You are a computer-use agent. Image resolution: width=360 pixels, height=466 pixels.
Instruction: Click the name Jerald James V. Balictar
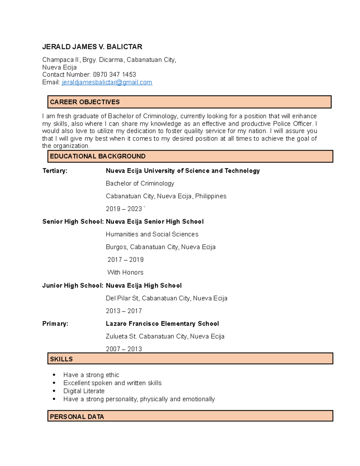click(92, 47)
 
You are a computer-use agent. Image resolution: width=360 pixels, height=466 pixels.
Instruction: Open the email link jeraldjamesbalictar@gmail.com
click(107, 82)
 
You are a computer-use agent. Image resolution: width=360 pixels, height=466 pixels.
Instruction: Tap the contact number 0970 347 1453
click(114, 74)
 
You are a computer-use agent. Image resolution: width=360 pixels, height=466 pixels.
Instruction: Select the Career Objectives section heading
click(85, 102)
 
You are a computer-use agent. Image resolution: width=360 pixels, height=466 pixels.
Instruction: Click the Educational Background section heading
click(97, 156)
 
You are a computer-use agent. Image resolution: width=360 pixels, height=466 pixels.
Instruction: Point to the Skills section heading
click(61, 359)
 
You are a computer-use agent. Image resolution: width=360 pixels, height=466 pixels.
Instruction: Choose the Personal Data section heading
click(77, 417)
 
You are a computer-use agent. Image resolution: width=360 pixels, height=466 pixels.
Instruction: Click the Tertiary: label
click(55, 171)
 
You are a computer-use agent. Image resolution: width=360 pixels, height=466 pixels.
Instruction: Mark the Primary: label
click(55, 324)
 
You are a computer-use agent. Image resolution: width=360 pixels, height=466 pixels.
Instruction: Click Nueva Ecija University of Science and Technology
click(183, 171)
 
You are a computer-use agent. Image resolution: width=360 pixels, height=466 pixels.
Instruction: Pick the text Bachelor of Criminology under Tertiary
click(140, 183)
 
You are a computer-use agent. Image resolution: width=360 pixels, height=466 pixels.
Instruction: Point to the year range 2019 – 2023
click(124, 209)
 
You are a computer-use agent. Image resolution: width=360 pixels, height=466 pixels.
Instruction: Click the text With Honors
click(125, 272)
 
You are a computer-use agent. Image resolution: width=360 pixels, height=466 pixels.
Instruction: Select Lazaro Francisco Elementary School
click(162, 324)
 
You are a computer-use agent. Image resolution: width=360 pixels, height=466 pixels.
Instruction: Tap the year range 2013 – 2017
click(124, 311)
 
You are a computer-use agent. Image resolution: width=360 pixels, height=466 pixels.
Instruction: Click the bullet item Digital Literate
click(84, 391)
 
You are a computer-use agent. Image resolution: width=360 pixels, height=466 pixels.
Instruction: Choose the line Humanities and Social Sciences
click(152, 234)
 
